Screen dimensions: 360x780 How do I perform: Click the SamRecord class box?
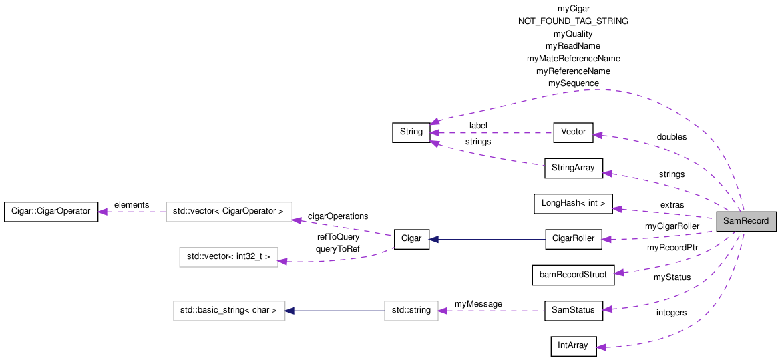click(x=746, y=222)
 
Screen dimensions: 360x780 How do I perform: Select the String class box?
click(x=411, y=132)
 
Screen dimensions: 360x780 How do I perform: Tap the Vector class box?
click(x=573, y=132)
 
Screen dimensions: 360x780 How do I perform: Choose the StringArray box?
click(x=574, y=168)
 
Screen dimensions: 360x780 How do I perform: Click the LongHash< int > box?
click(x=573, y=204)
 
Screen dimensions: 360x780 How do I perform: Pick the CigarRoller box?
click(x=573, y=239)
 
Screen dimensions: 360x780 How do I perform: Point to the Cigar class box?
click(x=411, y=239)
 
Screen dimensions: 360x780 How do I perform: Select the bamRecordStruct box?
click(x=573, y=275)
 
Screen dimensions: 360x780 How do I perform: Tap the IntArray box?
click(x=573, y=346)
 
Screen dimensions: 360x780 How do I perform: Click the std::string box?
click(x=411, y=311)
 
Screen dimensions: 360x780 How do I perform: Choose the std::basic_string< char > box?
click(x=229, y=311)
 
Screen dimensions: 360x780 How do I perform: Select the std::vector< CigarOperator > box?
click(x=228, y=212)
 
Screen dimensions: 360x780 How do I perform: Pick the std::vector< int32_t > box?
click(x=228, y=257)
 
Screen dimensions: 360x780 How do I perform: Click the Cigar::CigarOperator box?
click(x=51, y=212)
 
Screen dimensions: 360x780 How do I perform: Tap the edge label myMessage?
click(x=478, y=304)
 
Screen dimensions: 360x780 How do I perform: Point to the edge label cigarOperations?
click(x=337, y=216)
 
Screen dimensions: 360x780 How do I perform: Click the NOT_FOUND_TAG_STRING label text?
click(x=573, y=21)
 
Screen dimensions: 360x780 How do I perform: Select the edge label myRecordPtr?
click(x=672, y=248)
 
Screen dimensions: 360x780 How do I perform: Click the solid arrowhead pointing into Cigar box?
click(x=433, y=239)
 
